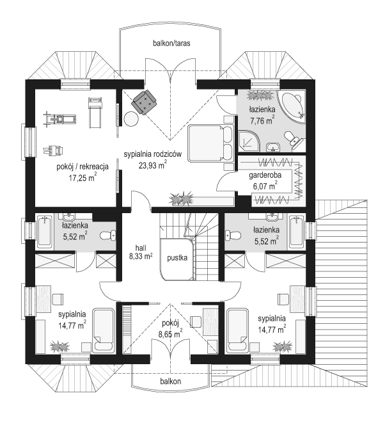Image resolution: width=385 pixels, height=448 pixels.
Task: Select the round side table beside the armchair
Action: click(x=131, y=120)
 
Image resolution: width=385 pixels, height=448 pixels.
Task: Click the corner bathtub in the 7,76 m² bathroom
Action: click(x=294, y=105)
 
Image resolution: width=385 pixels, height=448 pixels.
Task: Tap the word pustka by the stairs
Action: click(x=177, y=258)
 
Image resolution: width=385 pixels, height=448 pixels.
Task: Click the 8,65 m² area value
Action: click(x=171, y=334)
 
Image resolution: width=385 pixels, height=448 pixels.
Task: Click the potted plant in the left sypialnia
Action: click(x=60, y=346)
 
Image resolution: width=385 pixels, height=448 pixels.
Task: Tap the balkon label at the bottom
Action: click(x=171, y=381)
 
